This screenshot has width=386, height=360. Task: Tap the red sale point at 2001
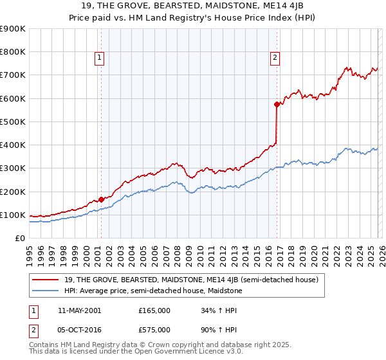coord(101,199)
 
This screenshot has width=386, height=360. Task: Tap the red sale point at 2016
coord(277,104)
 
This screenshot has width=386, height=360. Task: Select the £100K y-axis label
coord(13,215)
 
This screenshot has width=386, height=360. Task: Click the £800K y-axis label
coord(13,51)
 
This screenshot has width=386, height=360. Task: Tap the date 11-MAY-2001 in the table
coord(79,310)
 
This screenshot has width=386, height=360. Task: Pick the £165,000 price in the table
coord(154,310)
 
